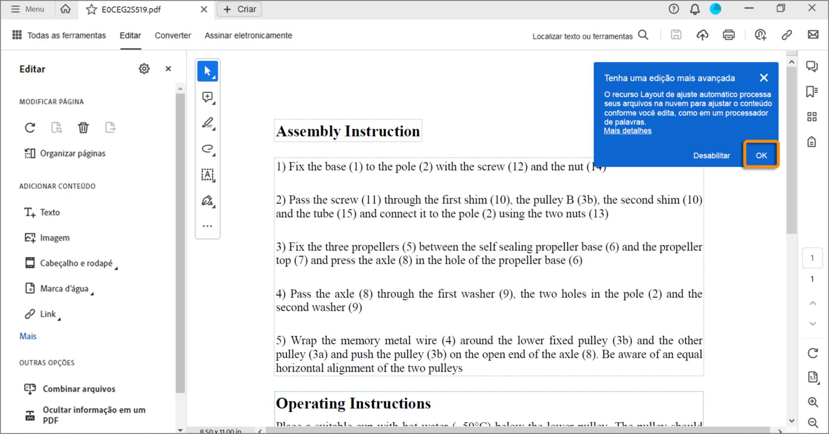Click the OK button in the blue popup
pos(761,155)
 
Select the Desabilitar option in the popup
pos(711,156)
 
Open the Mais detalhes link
pos(627,131)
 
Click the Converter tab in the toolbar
pos(173,35)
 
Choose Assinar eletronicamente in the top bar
pos(248,35)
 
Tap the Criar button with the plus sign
pos(240,9)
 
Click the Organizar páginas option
pos(72,153)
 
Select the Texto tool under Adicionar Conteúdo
pos(50,212)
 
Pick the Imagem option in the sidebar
pos(54,238)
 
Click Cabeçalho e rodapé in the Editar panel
pos(76,263)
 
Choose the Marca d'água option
pos(64,289)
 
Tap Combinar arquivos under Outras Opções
pos(79,389)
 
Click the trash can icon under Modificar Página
pos(83,128)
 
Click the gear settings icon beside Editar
pos(144,69)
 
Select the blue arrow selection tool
pos(208,71)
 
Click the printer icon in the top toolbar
pos(729,35)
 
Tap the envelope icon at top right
pos(813,35)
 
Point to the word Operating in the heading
pos(310,403)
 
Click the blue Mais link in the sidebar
pos(28,336)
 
